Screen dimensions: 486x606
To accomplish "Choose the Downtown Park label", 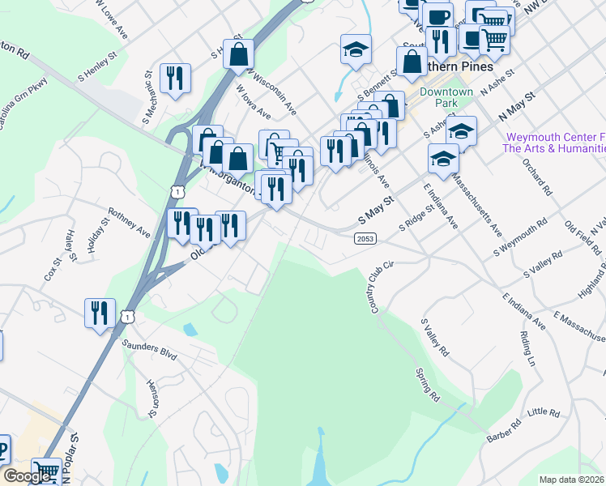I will (446, 98).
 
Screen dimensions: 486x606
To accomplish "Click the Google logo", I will (27, 476).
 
